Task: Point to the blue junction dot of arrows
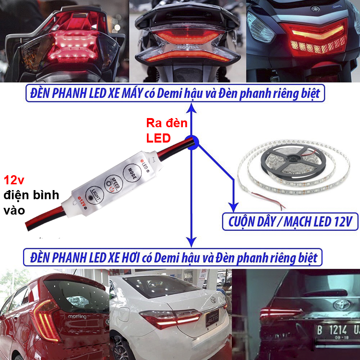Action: pos(192,145)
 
